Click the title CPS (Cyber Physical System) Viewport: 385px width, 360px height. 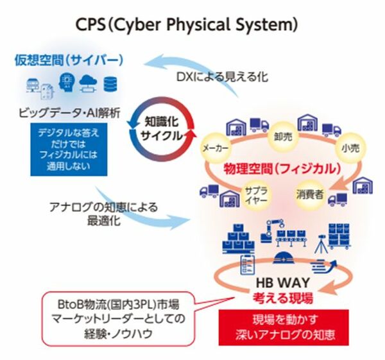click(x=187, y=24)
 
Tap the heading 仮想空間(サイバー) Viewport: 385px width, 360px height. click(x=69, y=60)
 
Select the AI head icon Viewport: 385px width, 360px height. click(x=67, y=82)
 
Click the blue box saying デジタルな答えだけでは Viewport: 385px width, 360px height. click(x=69, y=150)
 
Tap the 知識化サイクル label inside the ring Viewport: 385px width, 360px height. click(x=162, y=129)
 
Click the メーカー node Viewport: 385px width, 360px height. click(x=216, y=148)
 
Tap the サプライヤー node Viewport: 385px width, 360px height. click(x=256, y=196)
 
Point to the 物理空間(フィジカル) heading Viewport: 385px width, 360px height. click(x=282, y=169)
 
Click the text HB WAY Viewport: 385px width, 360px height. click(x=283, y=282)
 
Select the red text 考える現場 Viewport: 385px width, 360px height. click(x=283, y=298)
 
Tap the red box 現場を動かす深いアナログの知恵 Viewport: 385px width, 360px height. click(x=284, y=327)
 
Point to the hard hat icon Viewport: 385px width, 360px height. click(x=284, y=259)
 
